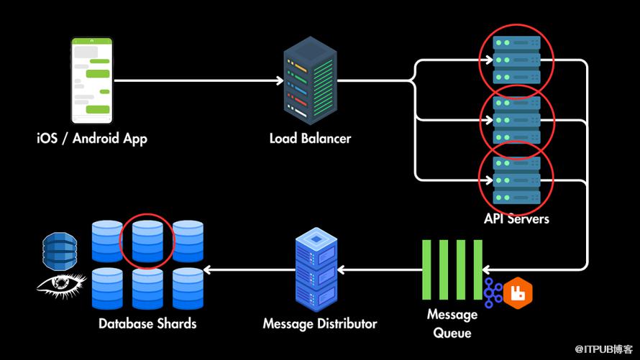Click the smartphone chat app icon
(93, 81)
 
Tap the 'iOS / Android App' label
(92, 137)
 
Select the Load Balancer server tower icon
(310, 80)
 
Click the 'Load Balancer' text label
(310, 137)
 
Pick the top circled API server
(516, 60)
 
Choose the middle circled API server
(516, 119)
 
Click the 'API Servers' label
(517, 218)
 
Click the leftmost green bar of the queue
(426, 270)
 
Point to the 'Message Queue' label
(452, 323)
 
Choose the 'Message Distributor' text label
(319, 323)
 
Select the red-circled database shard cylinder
(147, 241)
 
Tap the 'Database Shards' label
(147, 323)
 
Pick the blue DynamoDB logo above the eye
(60, 249)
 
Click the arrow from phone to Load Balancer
(198, 80)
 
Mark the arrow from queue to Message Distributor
(380, 270)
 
